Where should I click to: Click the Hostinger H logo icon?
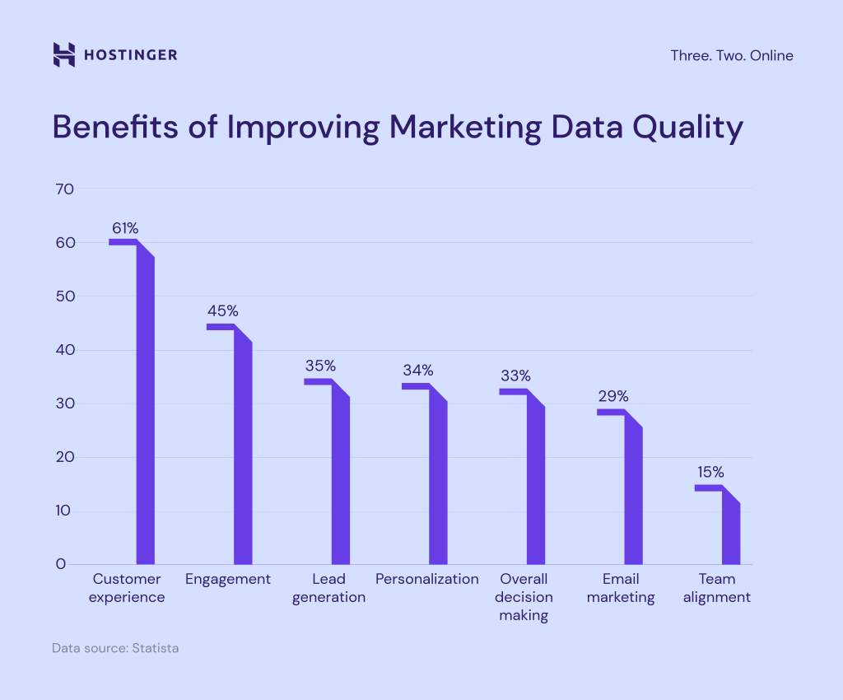(x=63, y=55)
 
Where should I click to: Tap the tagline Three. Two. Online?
(x=732, y=56)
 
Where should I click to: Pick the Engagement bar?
(x=243, y=453)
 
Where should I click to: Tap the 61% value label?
(x=125, y=228)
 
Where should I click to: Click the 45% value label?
(x=222, y=311)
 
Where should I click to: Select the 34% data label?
(x=418, y=371)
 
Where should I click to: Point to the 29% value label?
(x=613, y=396)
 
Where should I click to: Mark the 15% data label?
(x=710, y=472)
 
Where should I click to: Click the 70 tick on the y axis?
(x=65, y=189)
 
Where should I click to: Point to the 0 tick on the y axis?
(x=61, y=565)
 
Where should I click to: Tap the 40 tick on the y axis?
(x=65, y=350)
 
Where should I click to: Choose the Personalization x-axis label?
(x=426, y=579)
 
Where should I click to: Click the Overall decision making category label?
(x=524, y=597)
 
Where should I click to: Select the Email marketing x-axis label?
(x=621, y=588)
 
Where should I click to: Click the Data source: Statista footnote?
(x=115, y=648)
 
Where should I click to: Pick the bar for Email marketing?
(x=633, y=494)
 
